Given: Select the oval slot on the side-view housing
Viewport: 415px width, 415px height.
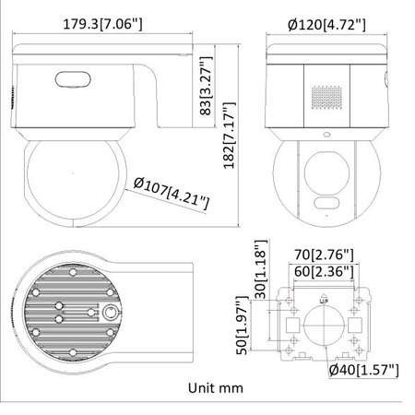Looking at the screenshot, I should (72, 80).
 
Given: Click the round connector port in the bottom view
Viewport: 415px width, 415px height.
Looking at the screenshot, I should (108, 311).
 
